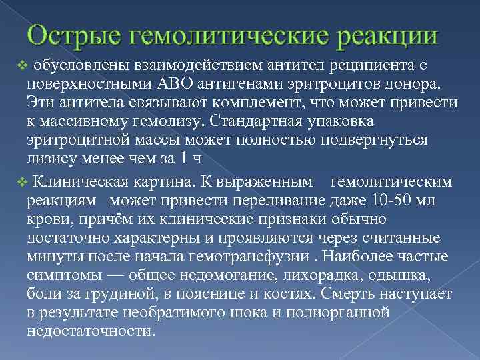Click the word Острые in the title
71,35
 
